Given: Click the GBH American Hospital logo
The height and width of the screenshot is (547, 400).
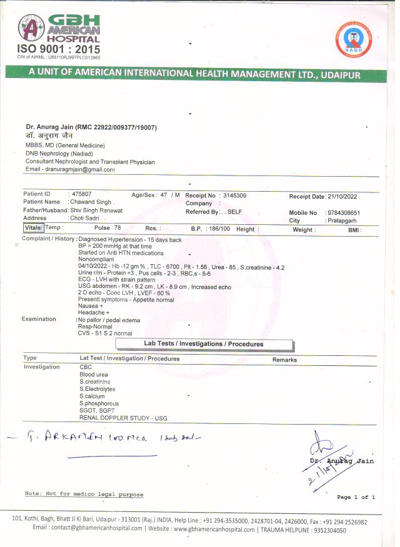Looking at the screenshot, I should coord(59,29).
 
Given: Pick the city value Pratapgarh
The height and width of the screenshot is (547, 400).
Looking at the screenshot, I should coord(342,221).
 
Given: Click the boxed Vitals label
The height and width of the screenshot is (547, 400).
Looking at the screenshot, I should coord(34,229).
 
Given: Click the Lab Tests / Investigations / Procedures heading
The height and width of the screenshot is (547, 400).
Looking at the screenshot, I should coord(204,344).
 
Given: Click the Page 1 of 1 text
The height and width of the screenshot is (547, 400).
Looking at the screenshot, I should coord(356,497).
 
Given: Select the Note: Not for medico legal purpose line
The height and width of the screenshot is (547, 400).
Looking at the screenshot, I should coord(84,494).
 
